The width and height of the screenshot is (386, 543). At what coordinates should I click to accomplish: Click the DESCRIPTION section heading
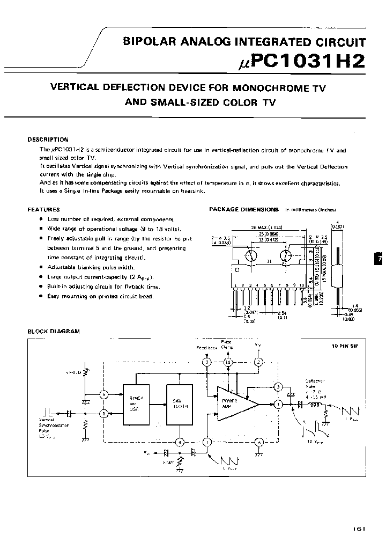click(48, 140)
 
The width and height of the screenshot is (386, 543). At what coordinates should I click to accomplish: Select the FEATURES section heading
click(43, 210)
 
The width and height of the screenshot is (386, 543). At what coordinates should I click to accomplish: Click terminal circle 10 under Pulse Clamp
click(228, 363)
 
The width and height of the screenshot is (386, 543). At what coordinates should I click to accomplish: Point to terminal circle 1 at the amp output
click(278, 403)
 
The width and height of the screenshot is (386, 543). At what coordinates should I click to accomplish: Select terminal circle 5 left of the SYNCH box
click(105, 413)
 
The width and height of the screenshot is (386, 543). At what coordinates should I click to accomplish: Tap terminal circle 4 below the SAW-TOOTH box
click(181, 442)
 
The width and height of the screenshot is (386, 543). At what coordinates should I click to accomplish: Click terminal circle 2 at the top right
click(258, 363)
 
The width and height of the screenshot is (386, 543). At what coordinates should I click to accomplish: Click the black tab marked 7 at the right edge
click(379, 259)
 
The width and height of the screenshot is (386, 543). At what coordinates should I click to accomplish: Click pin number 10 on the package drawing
click(302, 285)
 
